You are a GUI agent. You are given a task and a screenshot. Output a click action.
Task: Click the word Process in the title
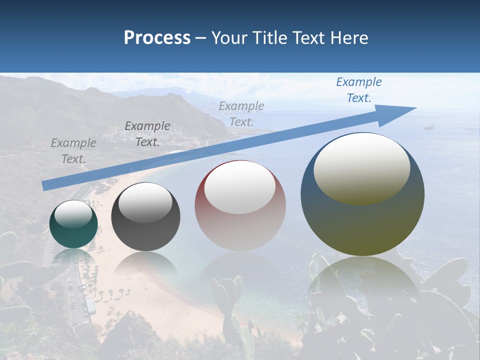157,38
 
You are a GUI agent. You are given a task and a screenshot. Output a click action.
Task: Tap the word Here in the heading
347,38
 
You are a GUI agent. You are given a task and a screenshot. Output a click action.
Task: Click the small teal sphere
73,224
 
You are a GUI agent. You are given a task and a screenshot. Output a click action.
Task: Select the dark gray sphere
145,217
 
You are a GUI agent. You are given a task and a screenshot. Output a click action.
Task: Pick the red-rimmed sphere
240,206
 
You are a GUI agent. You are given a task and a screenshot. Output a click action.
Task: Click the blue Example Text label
358,90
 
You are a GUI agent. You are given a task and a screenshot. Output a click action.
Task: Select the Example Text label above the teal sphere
73,151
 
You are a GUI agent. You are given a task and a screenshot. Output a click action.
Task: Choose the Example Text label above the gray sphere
147,134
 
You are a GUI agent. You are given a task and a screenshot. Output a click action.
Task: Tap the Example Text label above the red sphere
241,113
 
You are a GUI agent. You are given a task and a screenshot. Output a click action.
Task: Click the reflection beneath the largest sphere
362,280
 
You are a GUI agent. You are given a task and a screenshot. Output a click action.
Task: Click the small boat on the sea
429,127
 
